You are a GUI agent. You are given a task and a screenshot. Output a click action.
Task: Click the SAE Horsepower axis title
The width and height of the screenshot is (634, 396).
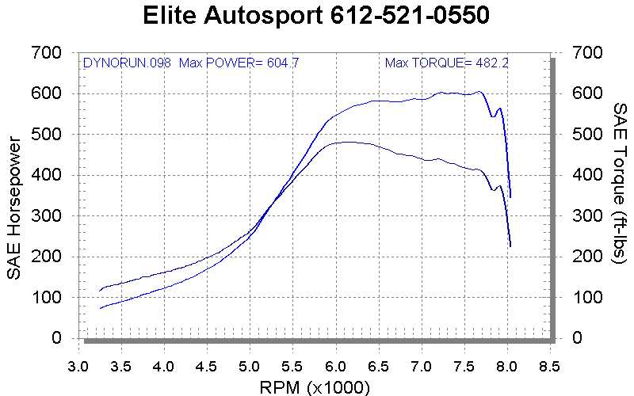pos(13,208)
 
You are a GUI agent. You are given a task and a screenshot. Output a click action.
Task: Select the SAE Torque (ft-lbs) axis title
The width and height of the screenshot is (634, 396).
pos(620,194)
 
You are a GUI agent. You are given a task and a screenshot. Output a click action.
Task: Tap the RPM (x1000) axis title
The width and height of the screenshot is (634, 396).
pos(314,386)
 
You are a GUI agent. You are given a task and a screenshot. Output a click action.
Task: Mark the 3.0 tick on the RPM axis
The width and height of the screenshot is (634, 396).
pos(78,367)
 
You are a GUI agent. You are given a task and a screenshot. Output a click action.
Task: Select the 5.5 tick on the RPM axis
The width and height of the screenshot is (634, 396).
pos(292,367)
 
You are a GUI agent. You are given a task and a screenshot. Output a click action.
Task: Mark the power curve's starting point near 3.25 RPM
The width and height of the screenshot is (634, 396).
pos(100,307)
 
